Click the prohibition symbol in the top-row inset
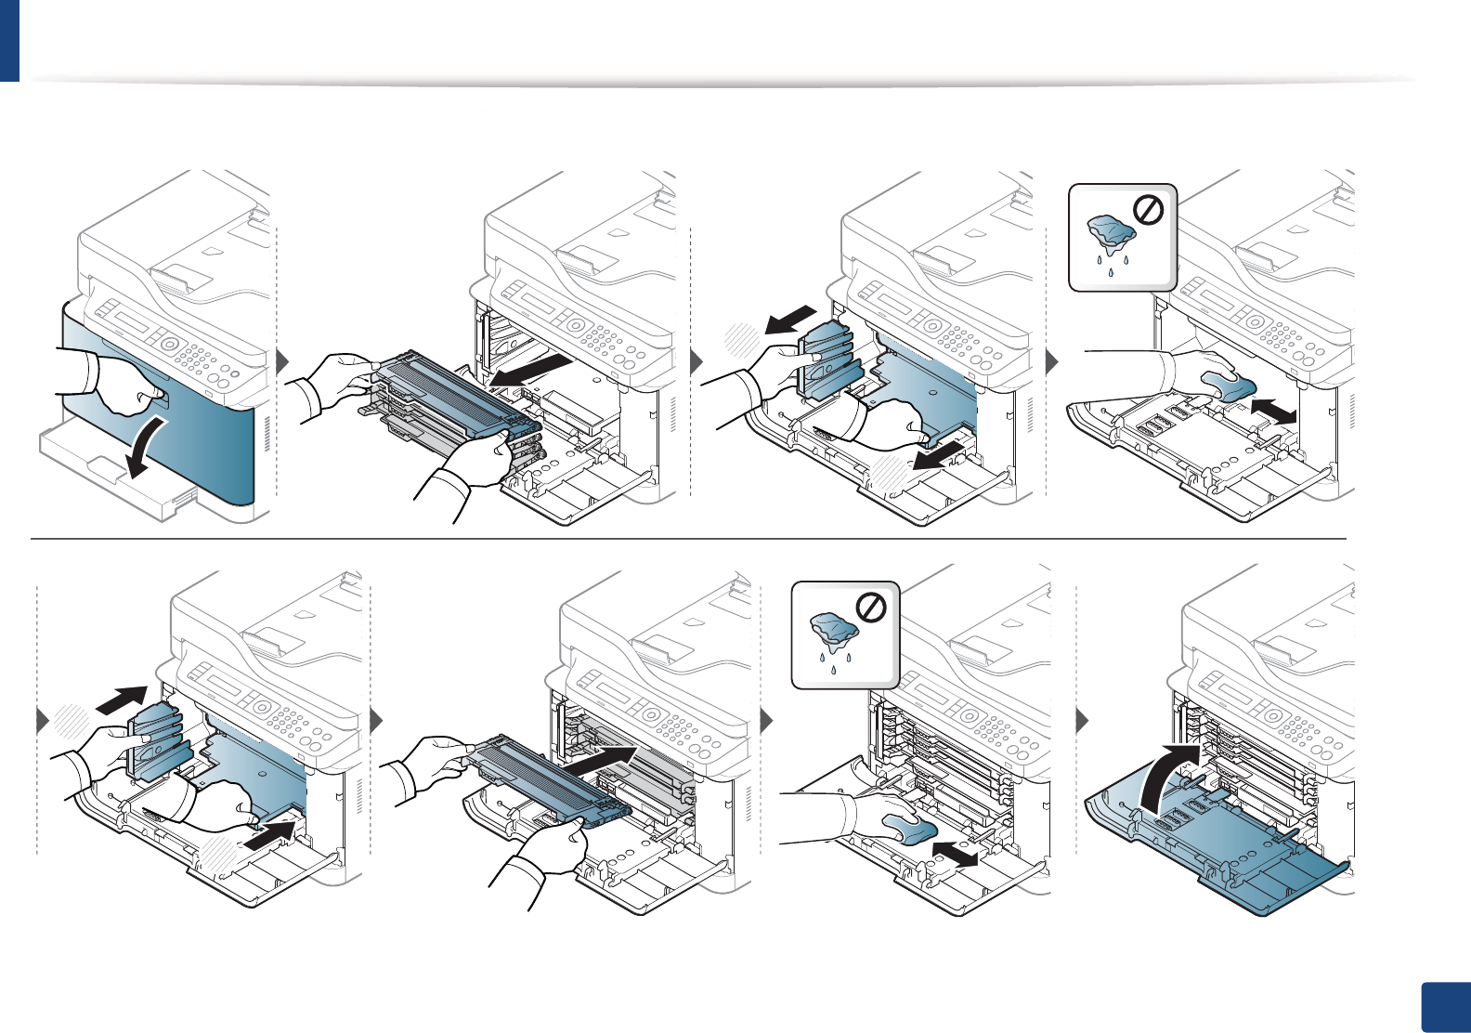[1149, 212]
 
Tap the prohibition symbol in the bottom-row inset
[871, 608]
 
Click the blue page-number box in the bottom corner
[1445, 1007]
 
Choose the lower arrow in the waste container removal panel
[937, 456]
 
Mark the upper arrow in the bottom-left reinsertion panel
[121, 699]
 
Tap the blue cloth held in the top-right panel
[1227, 386]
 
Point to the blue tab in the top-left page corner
[9, 40]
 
